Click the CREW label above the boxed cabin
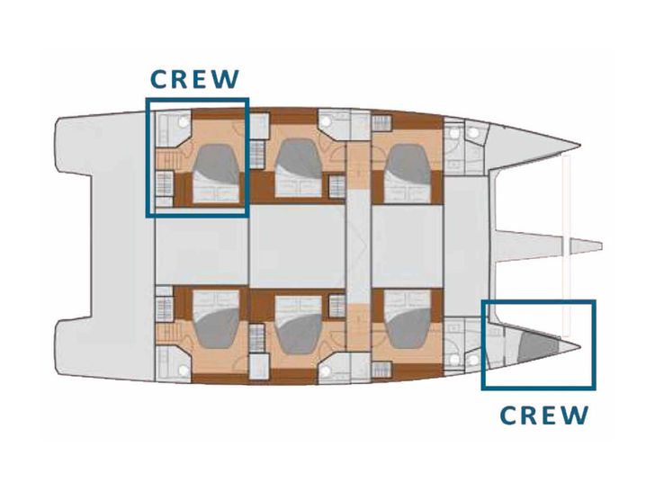194,79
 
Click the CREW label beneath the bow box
544,415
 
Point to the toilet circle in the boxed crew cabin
183,122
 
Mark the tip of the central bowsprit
602,245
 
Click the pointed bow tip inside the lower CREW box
579,346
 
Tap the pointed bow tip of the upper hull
579,146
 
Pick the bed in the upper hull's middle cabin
299,168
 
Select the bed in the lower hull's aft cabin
216,319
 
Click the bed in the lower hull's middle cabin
299,325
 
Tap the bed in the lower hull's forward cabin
408,319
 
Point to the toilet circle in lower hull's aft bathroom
183,370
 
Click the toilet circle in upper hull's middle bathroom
326,121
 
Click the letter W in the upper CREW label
226,79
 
